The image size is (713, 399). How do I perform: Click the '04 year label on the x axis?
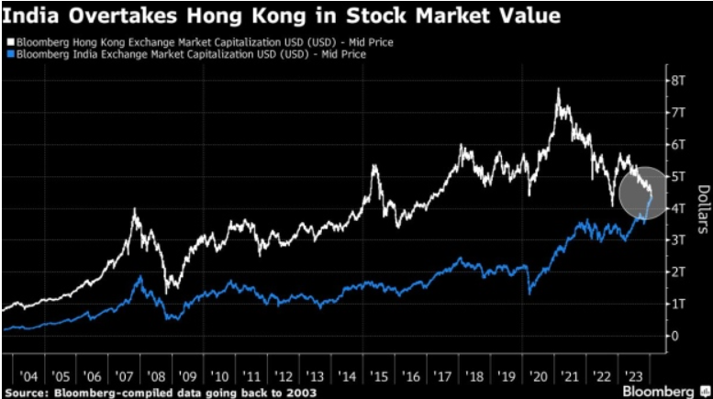click(x=28, y=376)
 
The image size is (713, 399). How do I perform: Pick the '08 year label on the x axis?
click(x=156, y=376)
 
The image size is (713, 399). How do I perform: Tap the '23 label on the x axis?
click(x=634, y=376)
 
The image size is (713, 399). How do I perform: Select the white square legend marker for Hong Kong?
click(x=7, y=42)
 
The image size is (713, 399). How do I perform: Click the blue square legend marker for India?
click(x=7, y=54)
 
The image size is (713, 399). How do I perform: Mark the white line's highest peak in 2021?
click(x=558, y=90)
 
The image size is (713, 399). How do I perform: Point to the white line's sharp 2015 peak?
click(x=374, y=166)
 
